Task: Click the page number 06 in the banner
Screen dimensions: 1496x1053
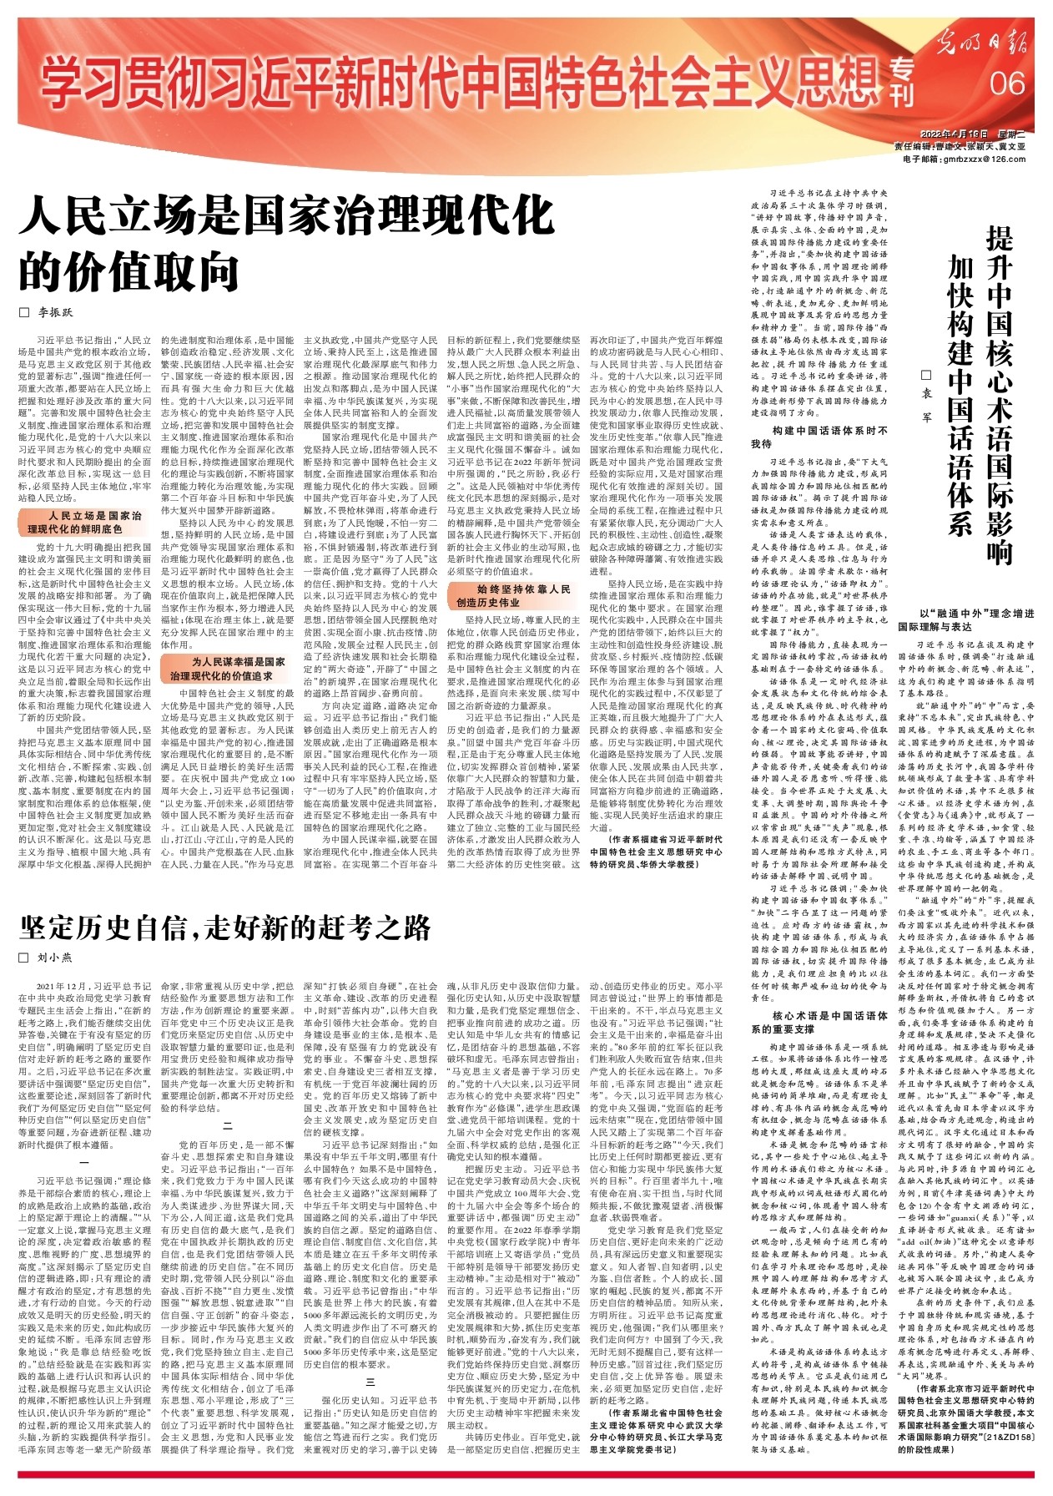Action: tap(1007, 83)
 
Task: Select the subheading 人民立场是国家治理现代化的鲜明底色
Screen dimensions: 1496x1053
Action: tap(83, 523)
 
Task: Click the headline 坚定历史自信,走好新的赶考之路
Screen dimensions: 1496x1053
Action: tap(225, 927)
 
